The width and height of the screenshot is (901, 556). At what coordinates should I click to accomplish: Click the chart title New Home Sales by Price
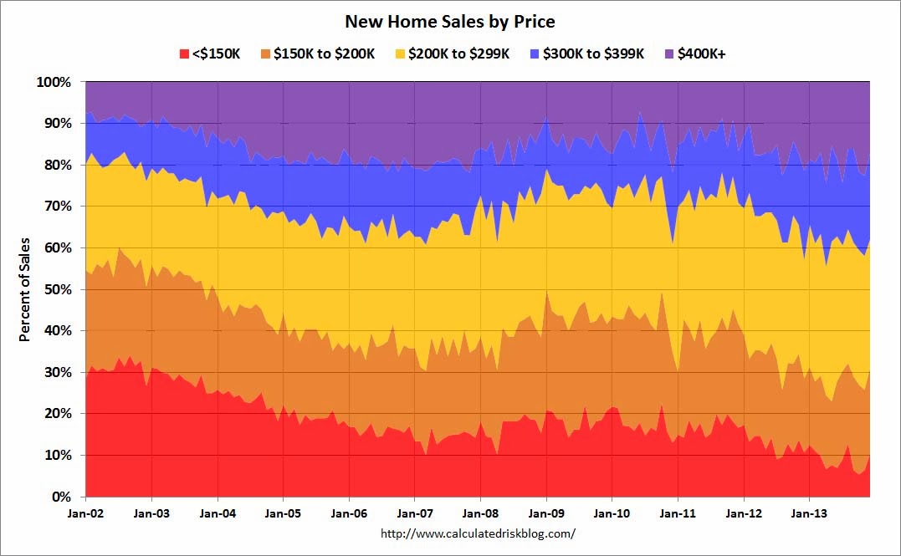(x=450, y=21)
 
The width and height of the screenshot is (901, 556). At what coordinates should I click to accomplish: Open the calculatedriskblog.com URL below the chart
(x=478, y=533)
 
